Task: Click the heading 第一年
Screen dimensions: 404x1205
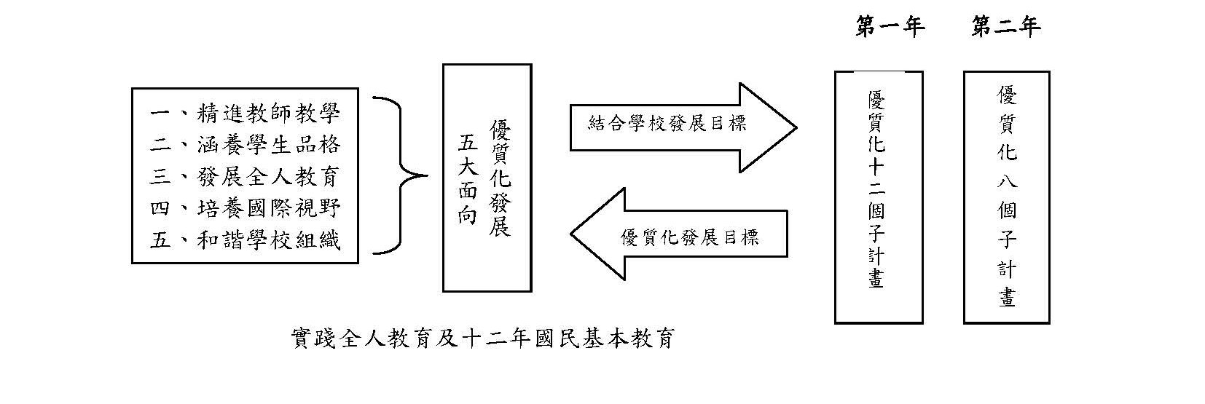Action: [x=890, y=28]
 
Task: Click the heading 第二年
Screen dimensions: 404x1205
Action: [x=1006, y=28]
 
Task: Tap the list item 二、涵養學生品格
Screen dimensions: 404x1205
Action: [x=245, y=145]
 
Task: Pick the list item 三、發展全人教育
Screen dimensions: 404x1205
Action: [x=245, y=176]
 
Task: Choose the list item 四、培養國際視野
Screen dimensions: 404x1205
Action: [x=245, y=208]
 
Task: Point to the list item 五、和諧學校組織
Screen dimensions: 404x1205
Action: [x=245, y=239]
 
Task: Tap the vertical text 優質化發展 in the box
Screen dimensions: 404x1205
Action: [x=500, y=179]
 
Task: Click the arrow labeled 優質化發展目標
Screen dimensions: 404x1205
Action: [x=689, y=237]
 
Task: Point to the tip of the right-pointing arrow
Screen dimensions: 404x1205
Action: [x=795, y=127]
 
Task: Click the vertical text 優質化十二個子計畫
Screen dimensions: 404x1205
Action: [x=877, y=191]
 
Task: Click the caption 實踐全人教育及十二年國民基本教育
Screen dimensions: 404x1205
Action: [x=482, y=339]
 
